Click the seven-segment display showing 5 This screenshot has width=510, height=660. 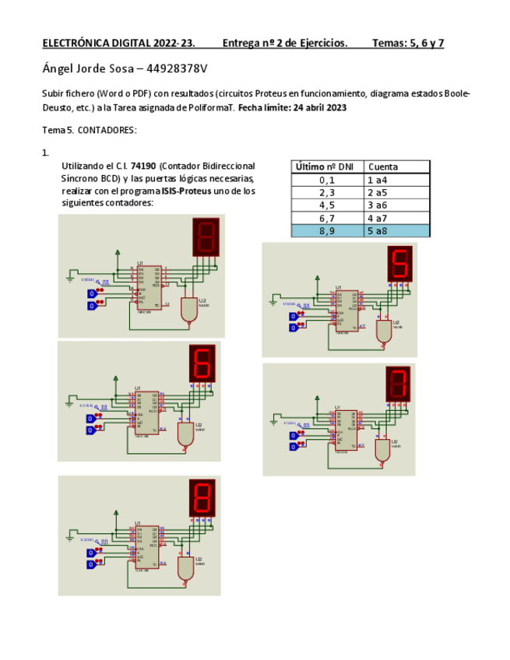(399, 265)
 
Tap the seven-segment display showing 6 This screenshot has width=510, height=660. (202, 362)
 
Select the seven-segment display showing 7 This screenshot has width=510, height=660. (398, 384)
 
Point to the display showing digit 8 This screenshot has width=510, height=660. (202, 497)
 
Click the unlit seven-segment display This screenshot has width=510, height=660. (206, 236)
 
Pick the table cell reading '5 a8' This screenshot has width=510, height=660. (397, 230)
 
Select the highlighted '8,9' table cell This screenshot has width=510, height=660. (326, 230)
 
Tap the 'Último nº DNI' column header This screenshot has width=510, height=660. (325, 167)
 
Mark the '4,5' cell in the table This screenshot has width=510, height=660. (326, 205)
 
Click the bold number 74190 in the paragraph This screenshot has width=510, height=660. (142, 167)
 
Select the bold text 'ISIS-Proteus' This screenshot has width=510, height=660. (186, 191)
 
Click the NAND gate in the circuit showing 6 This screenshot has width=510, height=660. (185, 434)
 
